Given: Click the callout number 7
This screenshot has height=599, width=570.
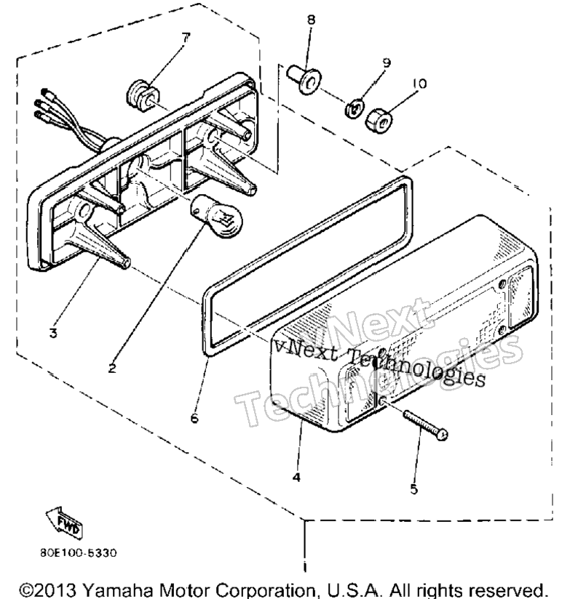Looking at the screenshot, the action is pyautogui.click(x=186, y=38).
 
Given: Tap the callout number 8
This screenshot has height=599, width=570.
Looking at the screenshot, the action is pyautogui.click(x=311, y=20).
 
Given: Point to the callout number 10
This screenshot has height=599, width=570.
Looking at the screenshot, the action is pyautogui.click(x=419, y=84).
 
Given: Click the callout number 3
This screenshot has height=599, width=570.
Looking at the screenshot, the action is pyautogui.click(x=54, y=333).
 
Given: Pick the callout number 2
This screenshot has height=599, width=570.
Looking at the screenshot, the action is pyautogui.click(x=111, y=369).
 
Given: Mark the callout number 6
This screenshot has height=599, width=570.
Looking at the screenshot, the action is pyautogui.click(x=194, y=418).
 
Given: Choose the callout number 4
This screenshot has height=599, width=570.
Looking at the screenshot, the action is pyautogui.click(x=296, y=477).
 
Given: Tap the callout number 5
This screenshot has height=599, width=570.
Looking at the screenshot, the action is pyautogui.click(x=414, y=489).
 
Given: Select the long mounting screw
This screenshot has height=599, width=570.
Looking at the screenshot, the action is pyautogui.click(x=425, y=425).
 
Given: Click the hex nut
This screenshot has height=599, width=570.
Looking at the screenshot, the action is pyautogui.click(x=379, y=121).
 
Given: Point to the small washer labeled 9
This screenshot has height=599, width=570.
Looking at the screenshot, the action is pyautogui.click(x=355, y=108).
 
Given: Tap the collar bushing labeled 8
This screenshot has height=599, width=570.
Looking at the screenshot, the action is pyautogui.click(x=304, y=80).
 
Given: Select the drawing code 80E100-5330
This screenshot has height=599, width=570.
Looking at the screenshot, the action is pyautogui.click(x=79, y=552).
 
